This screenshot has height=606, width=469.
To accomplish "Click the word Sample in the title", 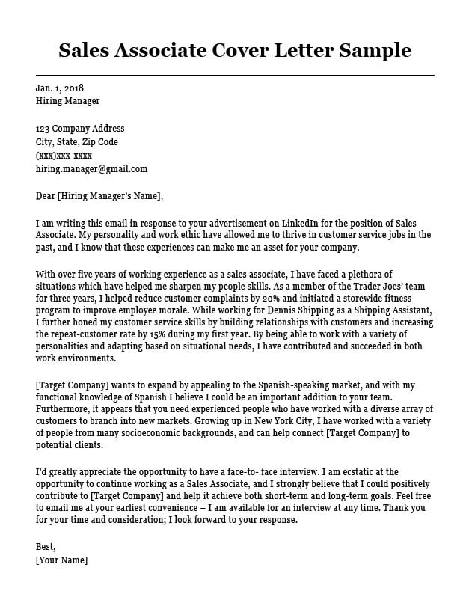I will point(375,50).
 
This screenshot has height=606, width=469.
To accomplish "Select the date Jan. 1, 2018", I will point(59,88).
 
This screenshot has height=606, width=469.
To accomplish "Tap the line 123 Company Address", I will point(80,129).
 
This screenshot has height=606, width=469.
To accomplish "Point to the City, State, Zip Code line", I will point(77,142).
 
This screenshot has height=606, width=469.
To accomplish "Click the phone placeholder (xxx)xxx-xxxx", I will point(64,156).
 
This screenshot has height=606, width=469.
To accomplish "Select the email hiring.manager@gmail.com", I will point(91,169).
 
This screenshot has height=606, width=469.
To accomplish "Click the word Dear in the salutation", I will point(46,196).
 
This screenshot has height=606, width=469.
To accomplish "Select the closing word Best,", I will point(46,547).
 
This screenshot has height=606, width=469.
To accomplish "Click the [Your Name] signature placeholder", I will point(61,560).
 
